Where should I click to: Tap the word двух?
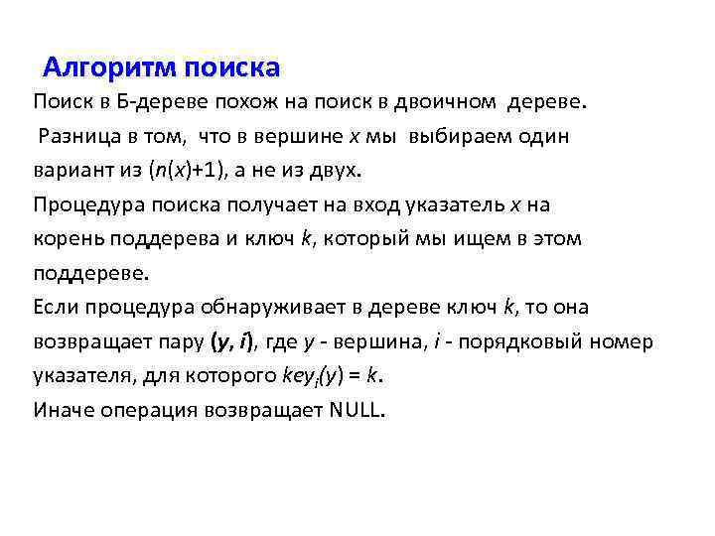(340, 171)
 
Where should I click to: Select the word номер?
(626, 342)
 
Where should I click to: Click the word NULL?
(355, 410)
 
